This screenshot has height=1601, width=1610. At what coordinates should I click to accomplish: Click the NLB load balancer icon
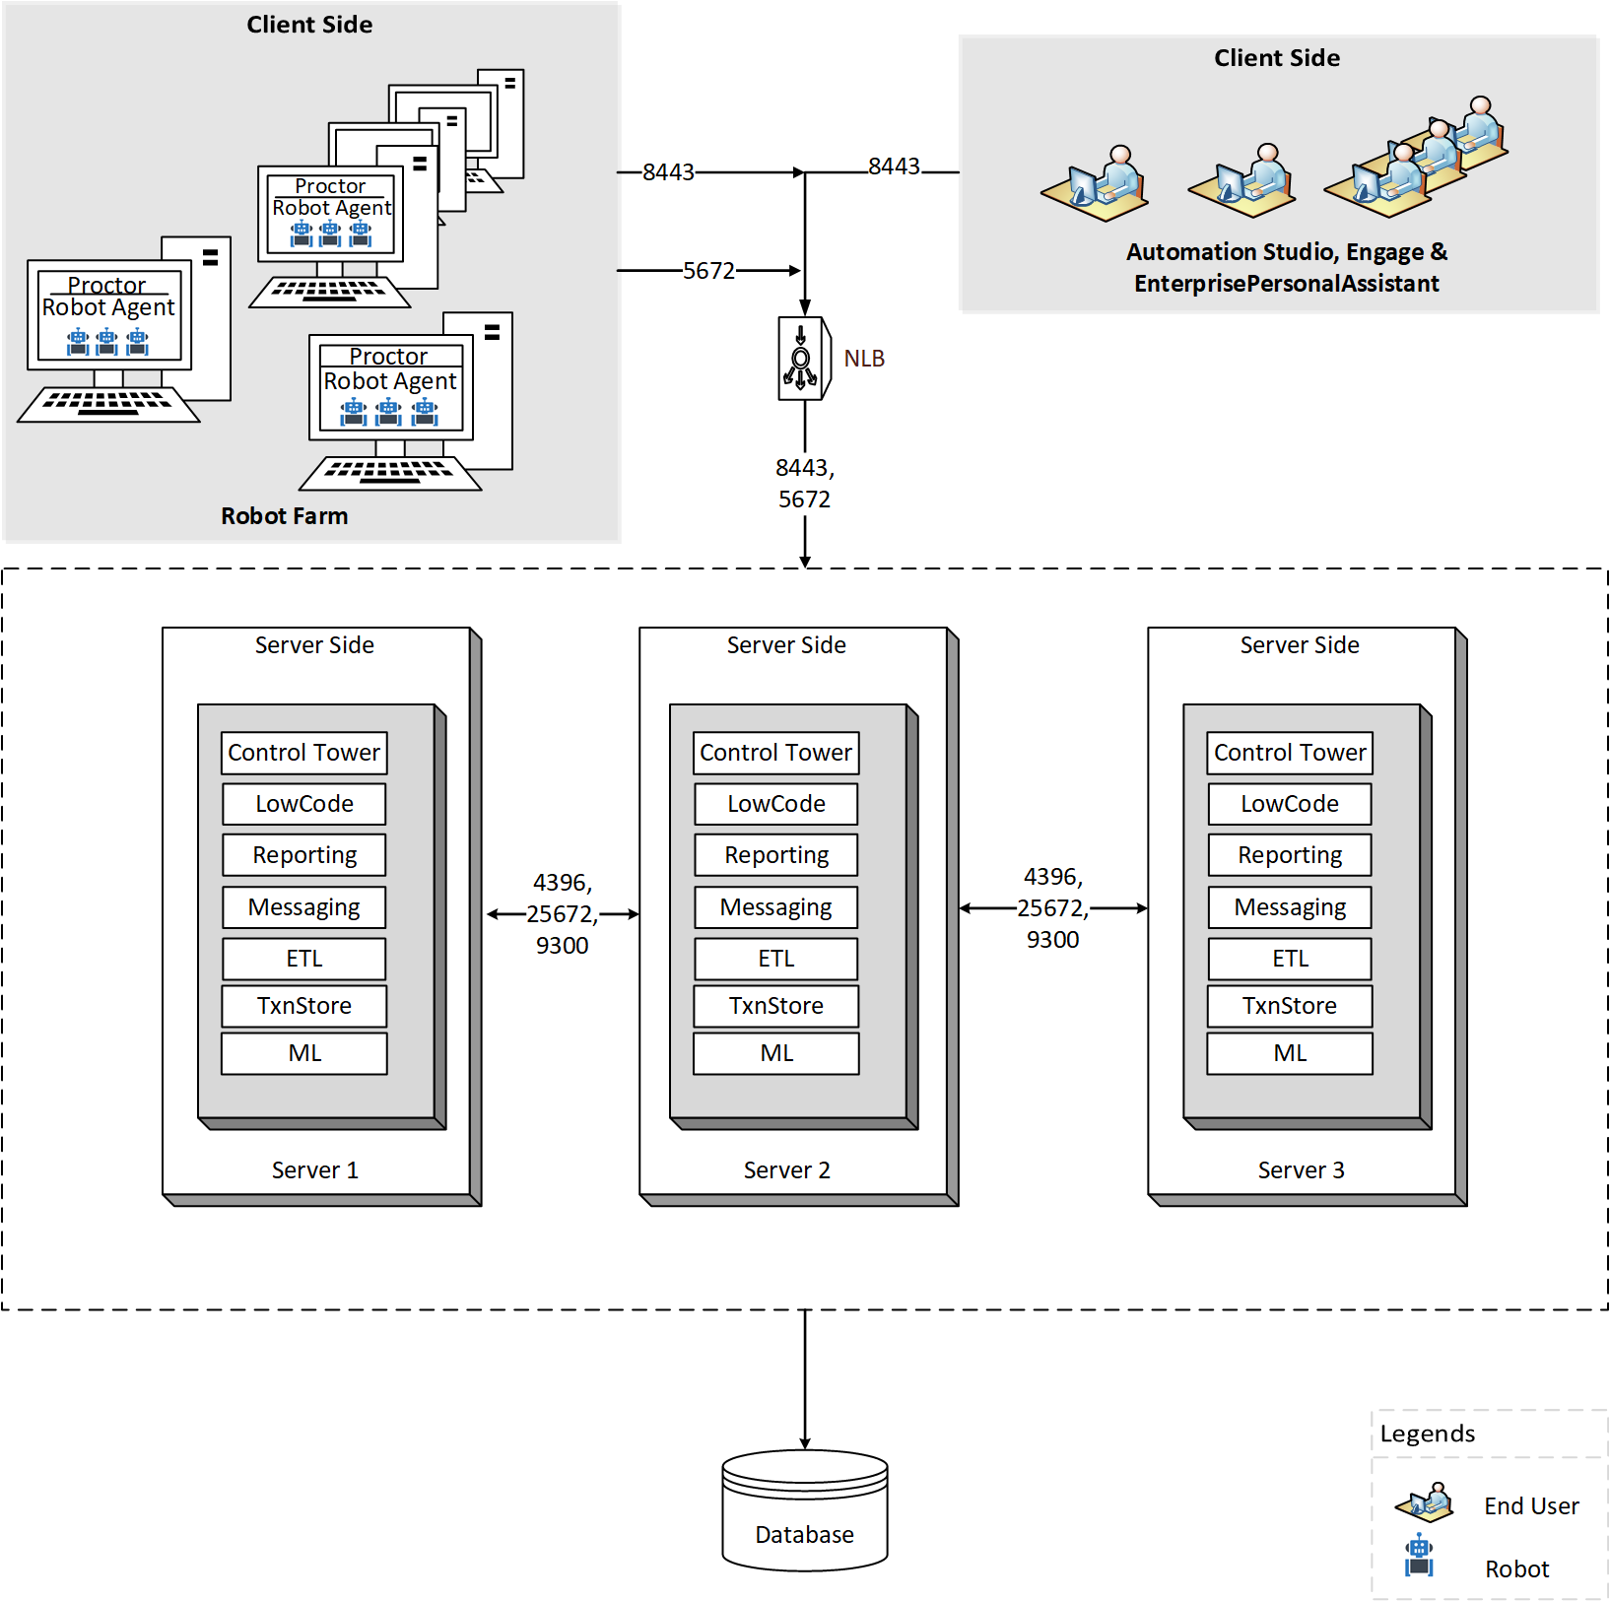click(803, 359)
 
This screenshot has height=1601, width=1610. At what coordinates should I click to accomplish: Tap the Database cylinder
click(804, 1509)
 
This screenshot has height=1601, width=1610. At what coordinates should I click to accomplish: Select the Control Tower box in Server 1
click(303, 753)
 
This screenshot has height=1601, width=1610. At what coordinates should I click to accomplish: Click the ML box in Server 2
click(775, 1053)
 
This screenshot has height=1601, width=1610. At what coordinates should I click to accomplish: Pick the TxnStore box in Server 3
click(1289, 1006)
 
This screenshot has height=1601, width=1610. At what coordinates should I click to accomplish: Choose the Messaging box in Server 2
click(775, 907)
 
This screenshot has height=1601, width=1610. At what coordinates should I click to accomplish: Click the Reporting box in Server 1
click(303, 855)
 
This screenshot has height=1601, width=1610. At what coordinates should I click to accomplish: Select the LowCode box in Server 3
click(1289, 804)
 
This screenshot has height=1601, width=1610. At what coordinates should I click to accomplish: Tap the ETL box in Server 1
click(303, 959)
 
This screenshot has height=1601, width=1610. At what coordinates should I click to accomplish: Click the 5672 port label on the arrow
click(708, 271)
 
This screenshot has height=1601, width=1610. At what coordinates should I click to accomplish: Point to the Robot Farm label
click(284, 516)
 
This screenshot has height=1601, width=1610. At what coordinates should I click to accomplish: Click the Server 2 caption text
click(786, 1170)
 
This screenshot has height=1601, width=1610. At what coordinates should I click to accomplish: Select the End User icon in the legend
click(1425, 1502)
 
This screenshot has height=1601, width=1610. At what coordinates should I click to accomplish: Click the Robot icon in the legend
click(1419, 1556)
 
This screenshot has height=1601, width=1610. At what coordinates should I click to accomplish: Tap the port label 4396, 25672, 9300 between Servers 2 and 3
click(1052, 908)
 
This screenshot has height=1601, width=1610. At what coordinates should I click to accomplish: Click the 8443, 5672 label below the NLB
click(804, 483)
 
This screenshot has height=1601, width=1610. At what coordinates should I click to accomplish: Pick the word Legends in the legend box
click(1427, 1434)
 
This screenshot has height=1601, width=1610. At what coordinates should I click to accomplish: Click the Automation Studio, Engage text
click(1286, 252)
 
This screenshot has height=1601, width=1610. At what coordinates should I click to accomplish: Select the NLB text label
click(864, 359)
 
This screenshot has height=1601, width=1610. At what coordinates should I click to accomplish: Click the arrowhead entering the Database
click(805, 1443)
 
